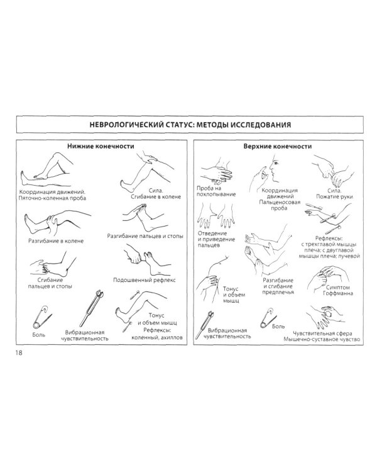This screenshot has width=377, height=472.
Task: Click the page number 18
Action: click(19, 352)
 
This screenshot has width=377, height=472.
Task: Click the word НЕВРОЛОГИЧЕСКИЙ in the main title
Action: click(127, 125)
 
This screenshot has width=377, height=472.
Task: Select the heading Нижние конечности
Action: click(101, 146)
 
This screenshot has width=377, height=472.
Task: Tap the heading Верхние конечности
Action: click(278, 146)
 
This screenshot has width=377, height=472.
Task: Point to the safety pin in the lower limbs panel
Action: click(41, 318)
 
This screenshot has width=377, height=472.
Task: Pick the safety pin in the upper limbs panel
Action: click(268, 317)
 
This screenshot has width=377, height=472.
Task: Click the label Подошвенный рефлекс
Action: click(145, 280)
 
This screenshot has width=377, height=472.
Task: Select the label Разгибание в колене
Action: click(56, 241)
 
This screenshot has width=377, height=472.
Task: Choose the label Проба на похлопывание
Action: click(216, 191)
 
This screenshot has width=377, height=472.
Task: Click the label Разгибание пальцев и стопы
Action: click(145, 236)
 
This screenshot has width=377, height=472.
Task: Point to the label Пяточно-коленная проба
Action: click(52, 198)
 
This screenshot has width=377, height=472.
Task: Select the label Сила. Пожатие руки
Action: click(334, 194)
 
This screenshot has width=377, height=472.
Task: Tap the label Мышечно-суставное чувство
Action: click(322, 339)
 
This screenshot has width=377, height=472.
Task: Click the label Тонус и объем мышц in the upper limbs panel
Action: click(234, 295)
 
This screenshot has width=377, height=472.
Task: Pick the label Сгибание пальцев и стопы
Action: click(50, 283)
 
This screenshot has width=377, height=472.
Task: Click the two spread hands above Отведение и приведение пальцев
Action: click(216, 215)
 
